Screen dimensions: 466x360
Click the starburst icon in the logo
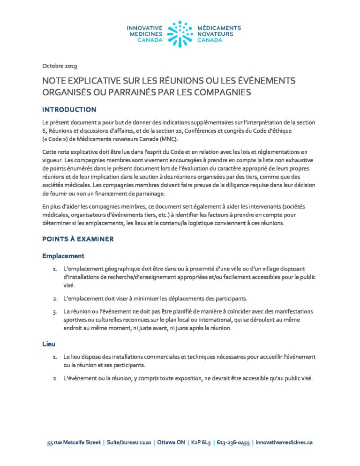(x=180, y=34)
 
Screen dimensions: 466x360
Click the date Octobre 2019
(x=60, y=65)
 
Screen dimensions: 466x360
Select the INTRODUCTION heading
(x=69, y=110)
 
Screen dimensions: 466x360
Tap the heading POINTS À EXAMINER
(x=78, y=239)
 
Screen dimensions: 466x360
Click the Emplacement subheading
(x=63, y=256)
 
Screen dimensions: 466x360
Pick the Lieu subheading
(x=49, y=344)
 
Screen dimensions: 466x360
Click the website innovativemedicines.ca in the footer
(x=283, y=442)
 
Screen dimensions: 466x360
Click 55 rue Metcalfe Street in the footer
(x=74, y=442)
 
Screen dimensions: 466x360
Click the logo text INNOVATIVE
(x=144, y=28)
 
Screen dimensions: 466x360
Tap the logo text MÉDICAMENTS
(x=219, y=28)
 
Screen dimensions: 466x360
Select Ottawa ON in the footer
(x=171, y=442)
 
